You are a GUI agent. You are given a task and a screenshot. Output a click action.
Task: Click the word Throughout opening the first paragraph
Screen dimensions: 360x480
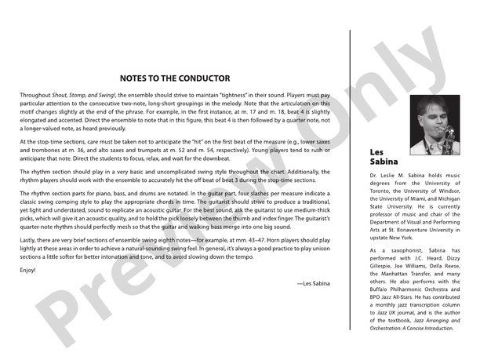click(35, 95)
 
